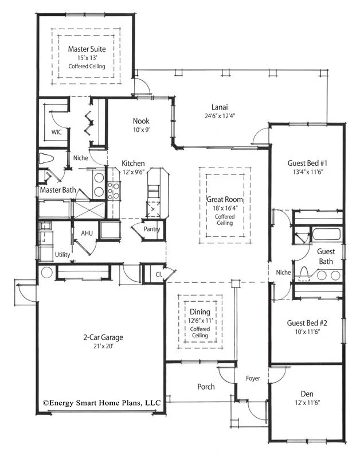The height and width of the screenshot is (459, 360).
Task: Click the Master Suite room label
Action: point(87,49)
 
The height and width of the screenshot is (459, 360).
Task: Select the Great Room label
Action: point(225,200)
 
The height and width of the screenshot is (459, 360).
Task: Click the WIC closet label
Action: point(56,132)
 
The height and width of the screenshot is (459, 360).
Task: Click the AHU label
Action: point(87,233)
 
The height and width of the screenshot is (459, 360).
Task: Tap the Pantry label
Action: point(152,229)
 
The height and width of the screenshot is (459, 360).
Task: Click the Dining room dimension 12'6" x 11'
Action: point(200,320)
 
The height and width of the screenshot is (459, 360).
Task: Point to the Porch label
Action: point(206,387)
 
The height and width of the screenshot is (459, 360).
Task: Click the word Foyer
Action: point(253,378)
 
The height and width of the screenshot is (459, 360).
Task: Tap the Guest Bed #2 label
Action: point(307,322)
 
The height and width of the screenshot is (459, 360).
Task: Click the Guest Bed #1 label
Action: point(307,162)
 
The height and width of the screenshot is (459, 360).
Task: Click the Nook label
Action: point(141,121)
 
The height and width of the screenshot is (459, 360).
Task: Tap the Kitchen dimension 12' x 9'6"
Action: point(133,172)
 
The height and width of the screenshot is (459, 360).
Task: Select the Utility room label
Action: point(62,254)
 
